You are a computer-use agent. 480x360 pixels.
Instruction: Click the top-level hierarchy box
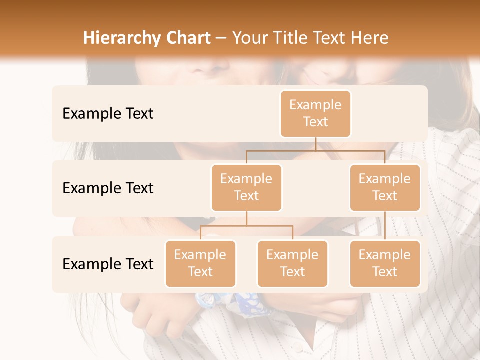click(x=315, y=113)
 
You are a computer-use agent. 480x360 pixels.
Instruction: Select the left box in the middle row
click(x=246, y=187)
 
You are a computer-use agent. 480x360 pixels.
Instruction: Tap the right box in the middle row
click(x=385, y=187)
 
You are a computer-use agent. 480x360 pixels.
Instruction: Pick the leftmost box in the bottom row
click(x=200, y=263)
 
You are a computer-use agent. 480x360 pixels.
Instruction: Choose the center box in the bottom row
click(x=292, y=263)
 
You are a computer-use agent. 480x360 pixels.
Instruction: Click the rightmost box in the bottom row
click(x=385, y=263)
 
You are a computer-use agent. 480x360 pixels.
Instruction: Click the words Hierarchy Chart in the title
click(x=147, y=38)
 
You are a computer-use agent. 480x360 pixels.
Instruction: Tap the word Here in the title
click(x=370, y=38)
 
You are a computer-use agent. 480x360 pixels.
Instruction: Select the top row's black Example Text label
click(x=108, y=113)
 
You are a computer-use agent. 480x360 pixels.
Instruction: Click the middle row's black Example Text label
click(x=108, y=188)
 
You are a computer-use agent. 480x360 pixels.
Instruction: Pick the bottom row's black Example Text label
click(x=108, y=264)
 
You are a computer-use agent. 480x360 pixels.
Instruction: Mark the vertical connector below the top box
click(x=315, y=144)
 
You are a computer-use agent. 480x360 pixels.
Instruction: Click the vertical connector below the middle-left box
click(x=246, y=218)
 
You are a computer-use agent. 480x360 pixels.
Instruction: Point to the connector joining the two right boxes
click(x=385, y=226)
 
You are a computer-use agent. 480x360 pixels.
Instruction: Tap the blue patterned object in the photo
click(x=235, y=302)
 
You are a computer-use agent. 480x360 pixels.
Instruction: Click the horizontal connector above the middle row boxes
click(x=315, y=150)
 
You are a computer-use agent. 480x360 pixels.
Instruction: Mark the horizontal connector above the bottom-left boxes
click(x=246, y=226)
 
